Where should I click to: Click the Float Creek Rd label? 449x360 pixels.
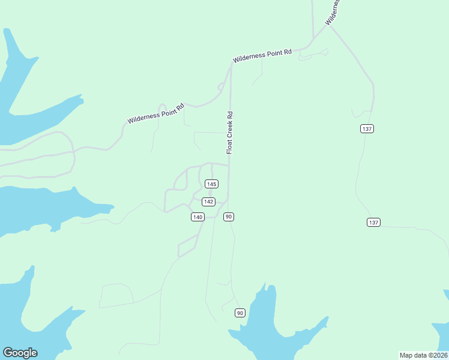click(x=229, y=133)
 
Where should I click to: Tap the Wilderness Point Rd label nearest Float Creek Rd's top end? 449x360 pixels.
click(x=262, y=56)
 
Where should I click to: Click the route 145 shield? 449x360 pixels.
click(x=211, y=184)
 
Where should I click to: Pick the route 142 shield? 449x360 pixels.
click(x=208, y=202)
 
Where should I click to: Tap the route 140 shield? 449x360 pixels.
click(x=197, y=217)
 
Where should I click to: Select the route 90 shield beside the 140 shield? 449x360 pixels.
click(x=229, y=217)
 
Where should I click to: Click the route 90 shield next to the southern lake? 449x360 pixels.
click(x=240, y=313)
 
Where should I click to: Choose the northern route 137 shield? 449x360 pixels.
click(x=367, y=129)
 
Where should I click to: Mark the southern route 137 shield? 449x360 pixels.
click(x=373, y=223)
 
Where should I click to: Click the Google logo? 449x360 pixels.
click(x=20, y=353)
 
